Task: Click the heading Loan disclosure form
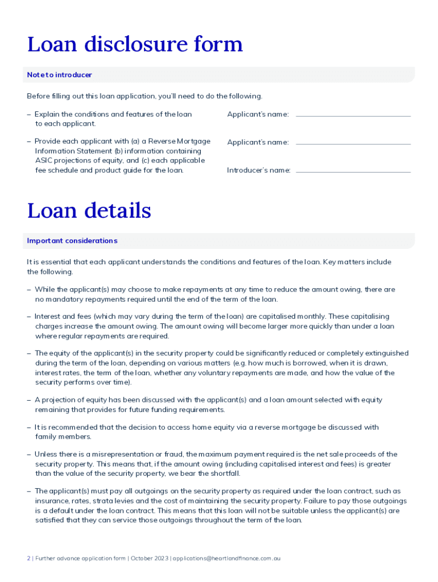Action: click(x=135, y=44)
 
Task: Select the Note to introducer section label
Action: click(x=59, y=75)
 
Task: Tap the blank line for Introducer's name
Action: click(x=353, y=172)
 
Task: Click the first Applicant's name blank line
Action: click(x=353, y=116)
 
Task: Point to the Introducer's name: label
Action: click(x=258, y=170)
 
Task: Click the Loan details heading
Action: click(x=89, y=211)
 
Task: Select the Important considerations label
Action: click(x=72, y=241)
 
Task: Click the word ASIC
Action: click(x=44, y=160)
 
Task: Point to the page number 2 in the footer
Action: click(x=28, y=558)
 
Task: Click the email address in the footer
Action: click(x=226, y=558)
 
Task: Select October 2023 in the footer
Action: click(x=150, y=558)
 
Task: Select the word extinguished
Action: click(x=387, y=354)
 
